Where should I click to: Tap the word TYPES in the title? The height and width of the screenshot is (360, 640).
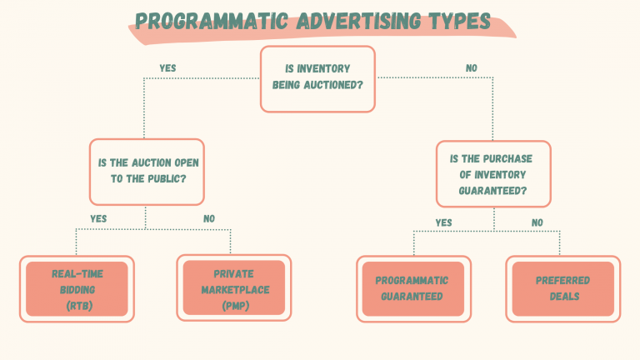point(457,21)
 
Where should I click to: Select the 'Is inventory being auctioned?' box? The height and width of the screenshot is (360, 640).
point(317,79)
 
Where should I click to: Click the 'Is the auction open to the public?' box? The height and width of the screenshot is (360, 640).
point(145,172)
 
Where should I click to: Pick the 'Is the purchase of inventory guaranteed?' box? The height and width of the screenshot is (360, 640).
point(492,174)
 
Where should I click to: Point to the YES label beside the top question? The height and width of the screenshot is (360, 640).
point(167,67)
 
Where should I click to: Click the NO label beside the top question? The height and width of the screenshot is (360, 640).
point(472,67)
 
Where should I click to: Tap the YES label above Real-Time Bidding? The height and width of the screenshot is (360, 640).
point(98,218)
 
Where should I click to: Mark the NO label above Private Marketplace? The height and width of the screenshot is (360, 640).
point(209,218)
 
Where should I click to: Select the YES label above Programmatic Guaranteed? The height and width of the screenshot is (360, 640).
point(443,222)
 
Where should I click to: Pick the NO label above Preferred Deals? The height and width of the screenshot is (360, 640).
point(537,222)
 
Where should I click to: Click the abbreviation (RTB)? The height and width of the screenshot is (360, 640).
point(77,306)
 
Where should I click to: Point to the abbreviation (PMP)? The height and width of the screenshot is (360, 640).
point(233,306)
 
